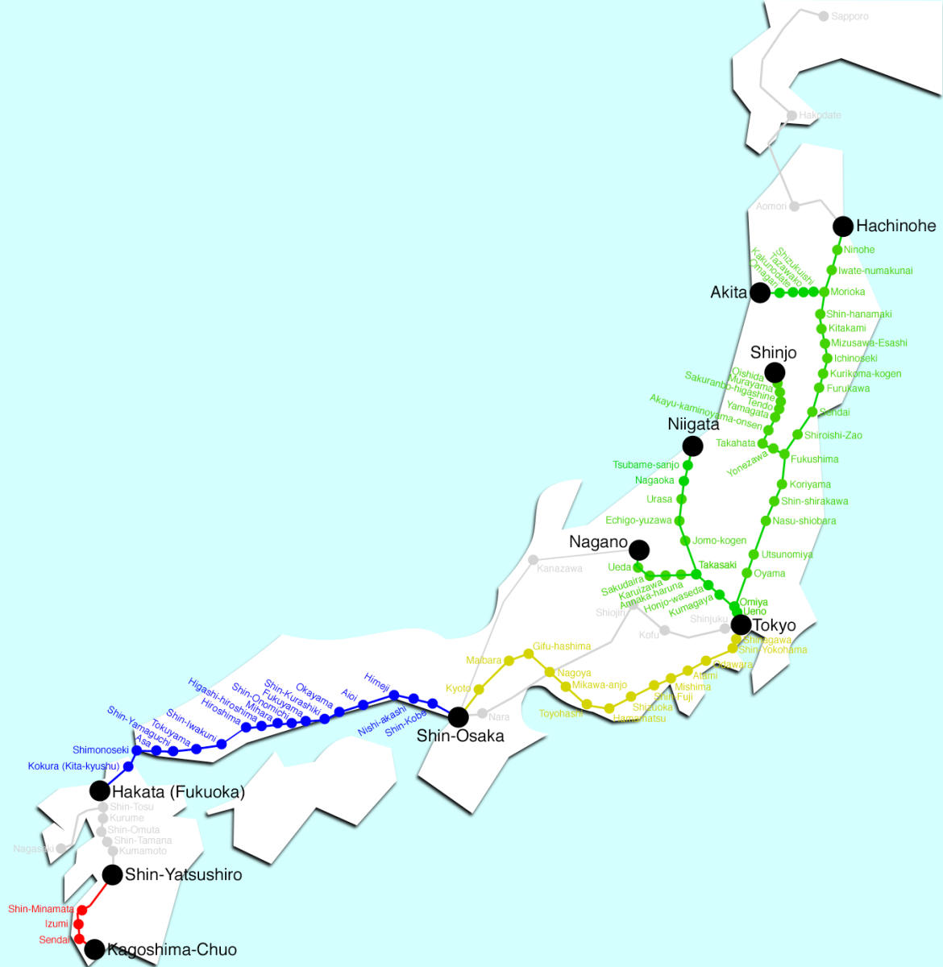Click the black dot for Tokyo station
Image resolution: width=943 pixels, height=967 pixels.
pyautogui.click(x=741, y=625)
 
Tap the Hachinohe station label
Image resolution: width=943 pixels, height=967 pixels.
pyautogui.click(x=895, y=226)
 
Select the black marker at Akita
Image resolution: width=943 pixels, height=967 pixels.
pyautogui.click(x=760, y=293)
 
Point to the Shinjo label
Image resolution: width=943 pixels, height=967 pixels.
pyautogui.click(x=773, y=353)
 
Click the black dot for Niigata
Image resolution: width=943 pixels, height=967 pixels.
pyautogui.click(x=692, y=446)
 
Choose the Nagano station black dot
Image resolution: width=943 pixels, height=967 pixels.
pyautogui.click(x=639, y=550)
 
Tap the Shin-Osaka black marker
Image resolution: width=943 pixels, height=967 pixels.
pyautogui.click(x=458, y=716)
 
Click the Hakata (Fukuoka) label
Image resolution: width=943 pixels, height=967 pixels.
pyautogui.click(x=178, y=792)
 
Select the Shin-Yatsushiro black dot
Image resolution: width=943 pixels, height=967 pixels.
pyautogui.click(x=112, y=874)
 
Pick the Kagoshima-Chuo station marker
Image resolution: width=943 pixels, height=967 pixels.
pyautogui.click(x=94, y=949)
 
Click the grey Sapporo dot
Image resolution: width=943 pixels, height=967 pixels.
pyautogui.click(x=824, y=16)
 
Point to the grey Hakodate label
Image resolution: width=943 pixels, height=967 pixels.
pyautogui.click(x=820, y=116)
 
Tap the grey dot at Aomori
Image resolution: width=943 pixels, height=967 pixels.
pyautogui.click(x=794, y=206)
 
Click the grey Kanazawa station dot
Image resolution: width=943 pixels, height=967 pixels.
pyautogui.click(x=533, y=559)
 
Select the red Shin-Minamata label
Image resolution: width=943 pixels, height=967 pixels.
pyautogui.click(x=41, y=909)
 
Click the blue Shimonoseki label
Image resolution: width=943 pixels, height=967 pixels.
pyautogui.click(x=100, y=750)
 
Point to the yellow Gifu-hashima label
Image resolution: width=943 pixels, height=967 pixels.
pyautogui.click(x=562, y=646)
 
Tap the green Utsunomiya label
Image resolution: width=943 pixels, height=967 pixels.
pyautogui.click(x=787, y=554)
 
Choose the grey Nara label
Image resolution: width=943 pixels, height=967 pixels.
pyautogui.click(x=499, y=717)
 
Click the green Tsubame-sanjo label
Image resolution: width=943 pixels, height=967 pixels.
pyautogui.click(x=646, y=465)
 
